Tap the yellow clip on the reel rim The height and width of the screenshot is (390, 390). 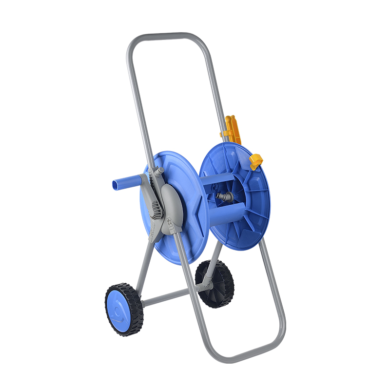[256, 161]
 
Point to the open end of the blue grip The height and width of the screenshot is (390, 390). [114, 186]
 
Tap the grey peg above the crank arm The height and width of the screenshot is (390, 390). [159, 172]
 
